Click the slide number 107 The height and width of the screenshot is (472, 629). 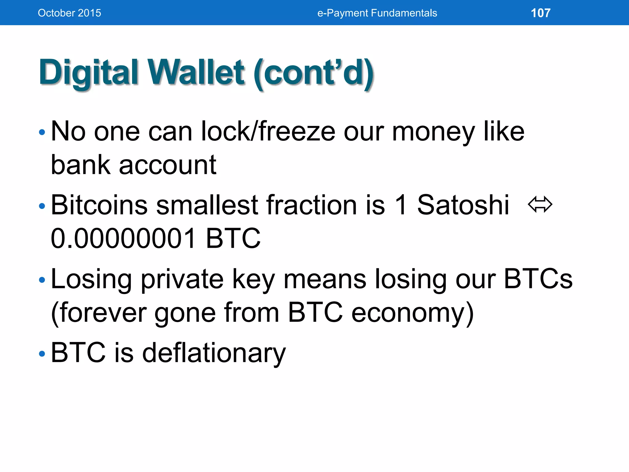coord(541,13)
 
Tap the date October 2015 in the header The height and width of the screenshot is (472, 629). coord(69,13)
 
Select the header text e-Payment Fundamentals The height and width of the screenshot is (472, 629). coord(377,13)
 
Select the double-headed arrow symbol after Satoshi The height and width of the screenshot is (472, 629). coord(540,205)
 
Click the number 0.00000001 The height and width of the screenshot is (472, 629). coord(123,238)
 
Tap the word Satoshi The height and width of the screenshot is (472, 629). coord(463,205)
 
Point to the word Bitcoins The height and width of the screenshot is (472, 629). coord(99,205)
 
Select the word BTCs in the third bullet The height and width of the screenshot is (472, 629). coord(538,279)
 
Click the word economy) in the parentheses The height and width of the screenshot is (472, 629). coord(412,313)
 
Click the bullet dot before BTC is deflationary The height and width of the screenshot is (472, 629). coord(42,354)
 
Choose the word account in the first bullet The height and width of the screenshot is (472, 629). coord(167,165)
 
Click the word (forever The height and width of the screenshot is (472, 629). coord(99,313)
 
